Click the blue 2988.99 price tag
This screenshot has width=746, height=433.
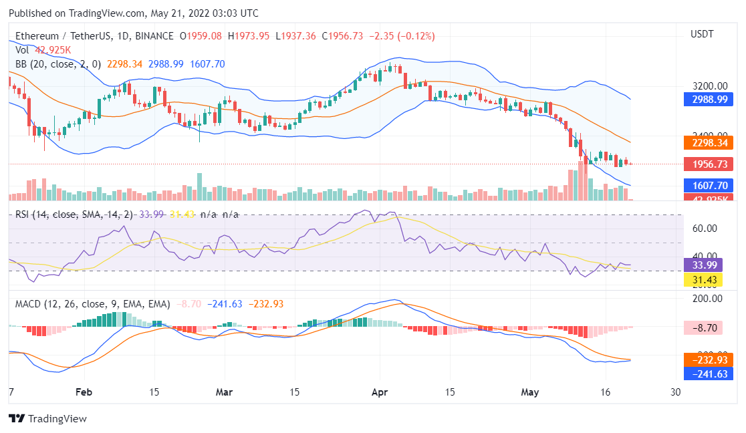[709, 100]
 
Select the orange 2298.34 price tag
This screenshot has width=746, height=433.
[709, 142]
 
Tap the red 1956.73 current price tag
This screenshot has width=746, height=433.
[709, 164]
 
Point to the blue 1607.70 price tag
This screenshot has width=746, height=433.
[709, 186]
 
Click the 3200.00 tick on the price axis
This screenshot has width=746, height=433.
[709, 86]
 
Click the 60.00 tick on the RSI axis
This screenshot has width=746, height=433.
[705, 229]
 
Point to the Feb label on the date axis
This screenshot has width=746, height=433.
[84, 392]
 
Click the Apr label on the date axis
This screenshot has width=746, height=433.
[380, 392]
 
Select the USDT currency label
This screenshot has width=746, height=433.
[702, 33]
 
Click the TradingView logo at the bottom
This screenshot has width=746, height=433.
[47, 419]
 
